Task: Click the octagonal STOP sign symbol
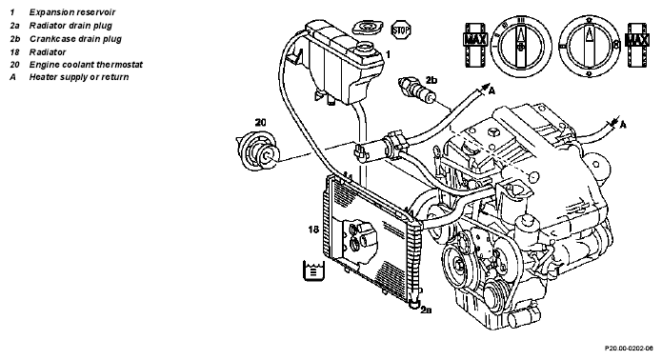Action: click(x=401, y=30)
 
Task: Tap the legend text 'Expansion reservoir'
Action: click(x=72, y=12)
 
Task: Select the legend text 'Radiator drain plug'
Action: click(x=70, y=26)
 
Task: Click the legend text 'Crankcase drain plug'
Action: click(x=75, y=39)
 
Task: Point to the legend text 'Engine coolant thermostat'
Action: click(x=86, y=65)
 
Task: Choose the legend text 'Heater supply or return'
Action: click(x=79, y=77)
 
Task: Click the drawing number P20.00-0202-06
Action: click(x=629, y=349)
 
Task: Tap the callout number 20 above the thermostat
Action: click(x=260, y=123)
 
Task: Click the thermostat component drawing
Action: click(x=257, y=151)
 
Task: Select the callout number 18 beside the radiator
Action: click(x=313, y=230)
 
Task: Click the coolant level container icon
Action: click(x=313, y=270)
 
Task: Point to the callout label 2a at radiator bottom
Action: click(x=426, y=310)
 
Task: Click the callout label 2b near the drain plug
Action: click(x=431, y=80)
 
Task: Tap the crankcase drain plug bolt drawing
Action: click(x=417, y=90)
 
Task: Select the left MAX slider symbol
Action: click(x=476, y=45)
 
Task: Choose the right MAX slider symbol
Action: click(x=637, y=45)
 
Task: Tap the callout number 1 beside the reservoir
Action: click(x=388, y=54)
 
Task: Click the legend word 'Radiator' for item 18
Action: click(x=48, y=52)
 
